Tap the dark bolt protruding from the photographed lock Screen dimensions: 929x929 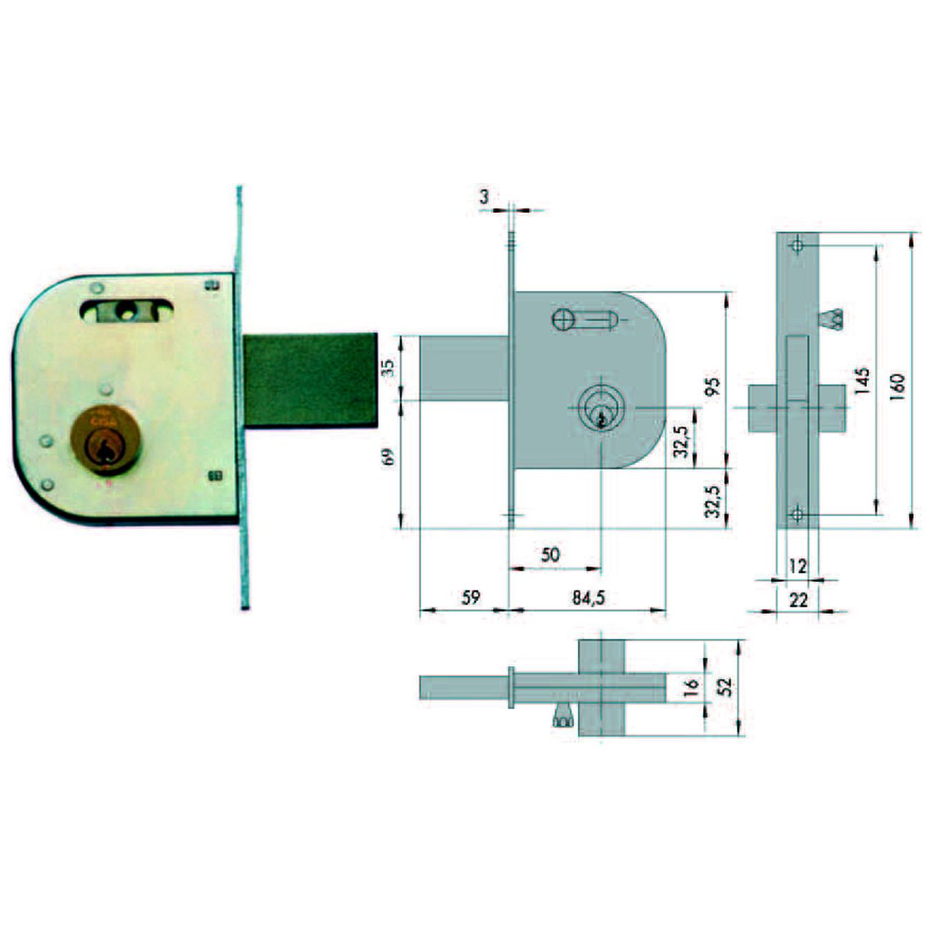pyautogui.click(x=309, y=380)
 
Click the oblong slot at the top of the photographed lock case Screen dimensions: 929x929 pyautogui.click(x=126, y=310)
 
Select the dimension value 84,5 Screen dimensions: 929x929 pyautogui.click(x=588, y=598)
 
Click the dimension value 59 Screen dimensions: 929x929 pyautogui.click(x=470, y=597)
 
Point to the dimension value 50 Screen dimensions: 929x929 pyautogui.click(x=550, y=555)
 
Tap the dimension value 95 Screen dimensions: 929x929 pyautogui.click(x=712, y=386)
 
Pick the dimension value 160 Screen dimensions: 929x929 pyautogui.click(x=898, y=386)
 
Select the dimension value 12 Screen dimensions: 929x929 pyautogui.click(x=798, y=566)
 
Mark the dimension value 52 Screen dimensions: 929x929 pyautogui.click(x=725, y=687)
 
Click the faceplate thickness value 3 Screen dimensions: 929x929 pyautogui.click(x=485, y=197)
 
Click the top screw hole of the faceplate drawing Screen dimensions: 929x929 pyautogui.click(x=797, y=245)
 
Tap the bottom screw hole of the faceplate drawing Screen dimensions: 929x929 pyautogui.click(x=797, y=513)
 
